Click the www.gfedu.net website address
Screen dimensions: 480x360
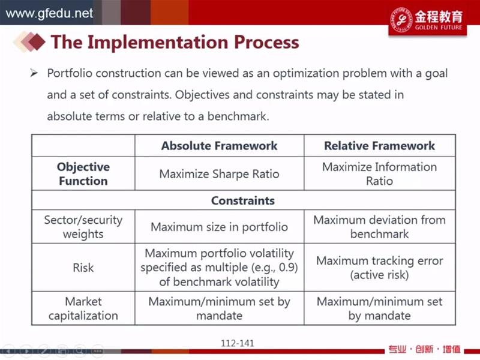pos(49,13)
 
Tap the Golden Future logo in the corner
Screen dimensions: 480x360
pos(427,20)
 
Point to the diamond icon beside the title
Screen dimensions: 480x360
pos(29,41)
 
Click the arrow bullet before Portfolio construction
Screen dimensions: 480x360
pos(34,73)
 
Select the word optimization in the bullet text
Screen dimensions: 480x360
pos(306,73)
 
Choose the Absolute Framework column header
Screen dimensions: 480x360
pos(219,146)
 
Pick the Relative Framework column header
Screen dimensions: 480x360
pos(380,146)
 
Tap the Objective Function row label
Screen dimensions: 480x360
pos(83,174)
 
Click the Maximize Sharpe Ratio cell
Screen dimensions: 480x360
pos(219,174)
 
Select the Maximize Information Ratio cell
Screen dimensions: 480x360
pos(380,174)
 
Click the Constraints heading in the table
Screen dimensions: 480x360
pos(243,200)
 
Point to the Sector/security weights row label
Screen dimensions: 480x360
pos(83,227)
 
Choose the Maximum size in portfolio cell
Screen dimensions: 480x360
pos(219,227)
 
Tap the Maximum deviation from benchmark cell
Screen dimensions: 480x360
pos(380,227)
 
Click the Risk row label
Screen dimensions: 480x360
pos(83,268)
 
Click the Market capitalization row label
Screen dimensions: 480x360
pos(83,308)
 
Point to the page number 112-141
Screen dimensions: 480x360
pos(238,343)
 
